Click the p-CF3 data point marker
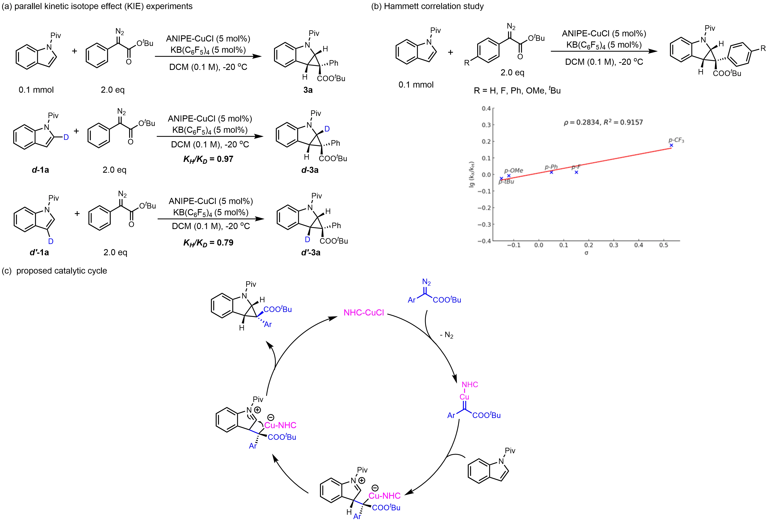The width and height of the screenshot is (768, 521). click(x=671, y=145)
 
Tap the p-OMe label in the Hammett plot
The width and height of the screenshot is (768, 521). click(x=514, y=170)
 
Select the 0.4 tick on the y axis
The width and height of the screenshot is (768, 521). click(x=486, y=108)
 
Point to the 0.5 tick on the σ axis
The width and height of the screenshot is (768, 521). click(x=663, y=245)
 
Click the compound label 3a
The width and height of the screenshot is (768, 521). click(x=308, y=90)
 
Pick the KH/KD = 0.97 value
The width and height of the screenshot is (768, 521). click(x=208, y=159)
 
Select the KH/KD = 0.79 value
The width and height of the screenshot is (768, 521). click(x=208, y=243)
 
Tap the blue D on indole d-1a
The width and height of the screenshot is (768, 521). click(x=66, y=137)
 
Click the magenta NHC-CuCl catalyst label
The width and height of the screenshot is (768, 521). click(x=364, y=313)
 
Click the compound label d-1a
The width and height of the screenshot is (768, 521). click(x=40, y=170)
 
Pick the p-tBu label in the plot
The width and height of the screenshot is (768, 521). click(x=506, y=182)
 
